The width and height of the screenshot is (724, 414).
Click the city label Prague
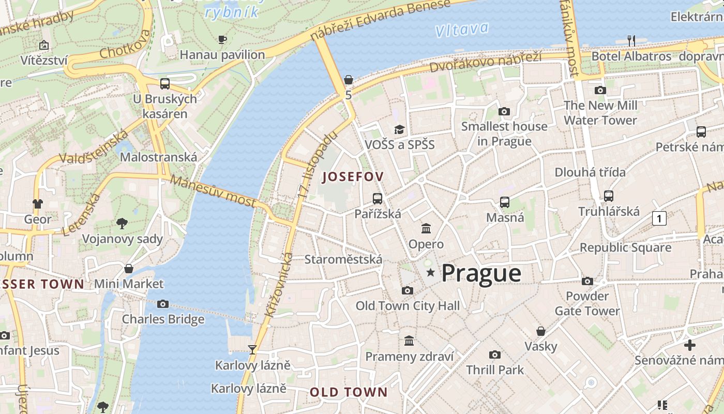pyautogui.click(x=481, y=273)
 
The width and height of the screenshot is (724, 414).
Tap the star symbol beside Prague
pyautogui.click(x=430, y=272)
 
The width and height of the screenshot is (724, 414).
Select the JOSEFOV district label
pyautogui.click(x=353, y=177)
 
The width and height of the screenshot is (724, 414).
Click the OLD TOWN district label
pyautogui.click(x=349, y=392)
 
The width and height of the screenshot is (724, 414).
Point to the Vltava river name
pyautogui.click(x=462, y=29)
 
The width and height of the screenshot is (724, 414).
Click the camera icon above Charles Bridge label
pyautogui.click(x=163, y=304)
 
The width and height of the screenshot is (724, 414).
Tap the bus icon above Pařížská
pyautogui.click(x=378, y=198)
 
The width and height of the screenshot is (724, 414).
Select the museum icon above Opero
pyautogui.click(x=426, y=228)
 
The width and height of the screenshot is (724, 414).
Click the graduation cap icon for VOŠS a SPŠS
pyautogui.click(x=399, y=129)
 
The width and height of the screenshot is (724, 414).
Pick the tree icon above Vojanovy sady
pyautogui.click(x=122, y=224)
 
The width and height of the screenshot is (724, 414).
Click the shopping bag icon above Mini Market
pyautogui.click(x=129, y=269)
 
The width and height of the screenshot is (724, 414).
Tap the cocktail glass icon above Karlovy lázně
pyautogui.click(x=252, y=350)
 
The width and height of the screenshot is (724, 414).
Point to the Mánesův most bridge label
pyautogui.click(x=213, y=191)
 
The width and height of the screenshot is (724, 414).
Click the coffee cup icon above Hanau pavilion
pyautogui.click(x=222, y=39)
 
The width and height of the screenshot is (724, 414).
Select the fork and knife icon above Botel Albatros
pyautogui.click(x=631, y=40)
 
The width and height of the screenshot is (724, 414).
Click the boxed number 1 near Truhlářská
pyautogui.click(x=659, y=219)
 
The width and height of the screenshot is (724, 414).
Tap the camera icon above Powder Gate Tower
pyautogui.click(x=587, y=281)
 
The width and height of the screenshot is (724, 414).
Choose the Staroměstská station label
pyautogui.click(x=343, y=259)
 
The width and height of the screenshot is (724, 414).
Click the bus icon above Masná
pyautogui.click(x=505, y=202)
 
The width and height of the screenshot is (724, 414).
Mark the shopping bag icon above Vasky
pyautogui.click(x=541, y=331)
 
